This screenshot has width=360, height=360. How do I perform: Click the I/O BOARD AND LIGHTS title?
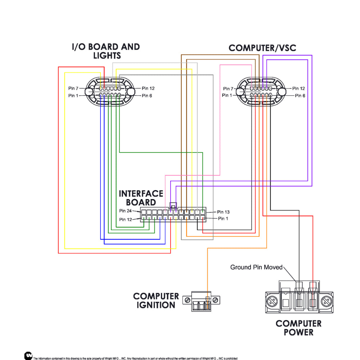click(x=106, y=51)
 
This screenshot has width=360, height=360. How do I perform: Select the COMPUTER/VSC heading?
click(x=262, y=48)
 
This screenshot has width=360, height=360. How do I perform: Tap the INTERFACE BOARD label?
click(x=141, y=198)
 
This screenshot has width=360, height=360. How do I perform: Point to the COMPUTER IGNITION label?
click(x=156, y=301)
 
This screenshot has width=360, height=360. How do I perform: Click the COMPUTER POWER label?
click(x=298, y=328)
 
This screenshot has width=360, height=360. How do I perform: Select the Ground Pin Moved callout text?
click(x=256, y=267)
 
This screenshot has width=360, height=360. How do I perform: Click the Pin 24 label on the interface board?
click(x=125, y=211)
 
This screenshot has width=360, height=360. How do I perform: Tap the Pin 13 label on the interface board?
click(x=223, y=212)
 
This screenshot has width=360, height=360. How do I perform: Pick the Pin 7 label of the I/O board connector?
click(x=73, y=89)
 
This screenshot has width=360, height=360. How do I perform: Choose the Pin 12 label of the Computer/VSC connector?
click(x=298, y=89)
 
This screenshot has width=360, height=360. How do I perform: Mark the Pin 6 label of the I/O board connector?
click(x=147, y=95)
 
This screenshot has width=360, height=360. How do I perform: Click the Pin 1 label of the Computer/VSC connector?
click(x=227, y=95)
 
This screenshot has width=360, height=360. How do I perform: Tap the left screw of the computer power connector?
click(x=272, y=301)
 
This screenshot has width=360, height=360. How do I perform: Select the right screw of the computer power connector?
click(x=326, y=301)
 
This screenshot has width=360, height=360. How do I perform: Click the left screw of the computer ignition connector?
click(x=187, y=300)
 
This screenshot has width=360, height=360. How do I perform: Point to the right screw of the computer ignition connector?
click(x=215, y=300)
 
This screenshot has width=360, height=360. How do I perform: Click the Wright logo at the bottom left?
click(x=28, y=356)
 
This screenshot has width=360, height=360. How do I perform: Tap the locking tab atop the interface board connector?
click(x=173, y=205)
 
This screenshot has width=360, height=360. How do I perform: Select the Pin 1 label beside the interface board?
click(x=223, y=219)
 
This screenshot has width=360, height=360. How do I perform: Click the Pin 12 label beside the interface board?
click(x=125, y=220)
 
